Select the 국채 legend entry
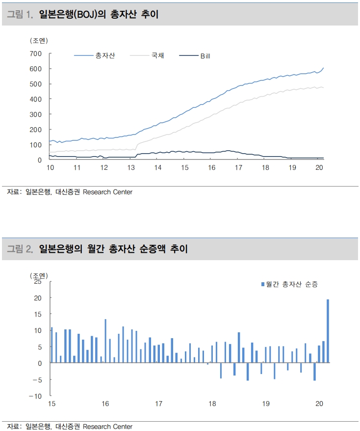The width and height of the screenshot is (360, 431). pyautogui.click(x=157, y=56)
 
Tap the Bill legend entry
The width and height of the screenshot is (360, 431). pyautogui.click(x=205, y=56)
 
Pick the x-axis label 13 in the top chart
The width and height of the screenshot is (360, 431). pyautogui.click(x=131, y=168)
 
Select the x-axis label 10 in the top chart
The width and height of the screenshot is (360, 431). pyautogui.click(x=50, y=168)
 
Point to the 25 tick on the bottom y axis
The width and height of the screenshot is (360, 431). pyautogui.click(x=38, y=281)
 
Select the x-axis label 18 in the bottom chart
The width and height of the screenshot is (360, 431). pyautogui.click(x=212, y=404)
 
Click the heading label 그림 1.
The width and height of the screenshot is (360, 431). pyautogui.click(x=20, y=15)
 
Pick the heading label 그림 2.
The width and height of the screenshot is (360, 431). pyautogui.click(x=20, y=249)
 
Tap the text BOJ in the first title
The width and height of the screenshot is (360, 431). pyautogui.click(x=99, y=15)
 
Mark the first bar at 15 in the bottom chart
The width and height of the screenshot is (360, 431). pyautogui.click(x=51, y=345)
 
